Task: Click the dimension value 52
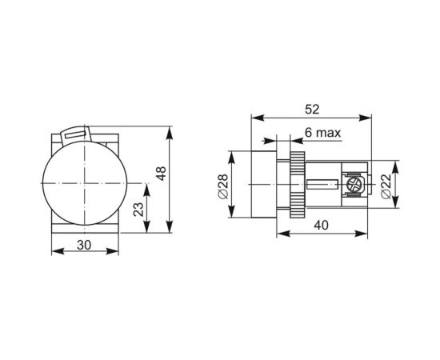[312, 108]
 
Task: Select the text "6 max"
[321, 132]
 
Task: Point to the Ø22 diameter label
[386, 185]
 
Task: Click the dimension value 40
[322, 226]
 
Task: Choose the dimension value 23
[138, 209]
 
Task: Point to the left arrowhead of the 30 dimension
[54, 254]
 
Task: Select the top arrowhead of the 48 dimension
[170, 129]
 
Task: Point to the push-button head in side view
[261, 184]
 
